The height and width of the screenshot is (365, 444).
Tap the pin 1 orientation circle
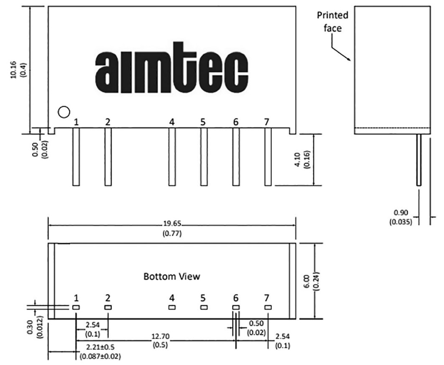64,112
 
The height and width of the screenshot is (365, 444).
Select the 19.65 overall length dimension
172,224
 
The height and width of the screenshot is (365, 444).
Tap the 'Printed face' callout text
333,22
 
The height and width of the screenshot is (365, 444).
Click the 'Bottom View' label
172,276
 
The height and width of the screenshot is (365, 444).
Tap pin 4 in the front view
172,157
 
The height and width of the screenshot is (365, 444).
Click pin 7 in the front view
268,157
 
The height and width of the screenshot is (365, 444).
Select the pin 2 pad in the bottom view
108,307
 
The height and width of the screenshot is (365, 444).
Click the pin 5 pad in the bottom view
203,307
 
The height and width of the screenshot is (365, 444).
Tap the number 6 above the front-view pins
235,122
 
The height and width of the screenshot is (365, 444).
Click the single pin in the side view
419,160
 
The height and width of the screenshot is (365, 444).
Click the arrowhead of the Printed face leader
350,60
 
